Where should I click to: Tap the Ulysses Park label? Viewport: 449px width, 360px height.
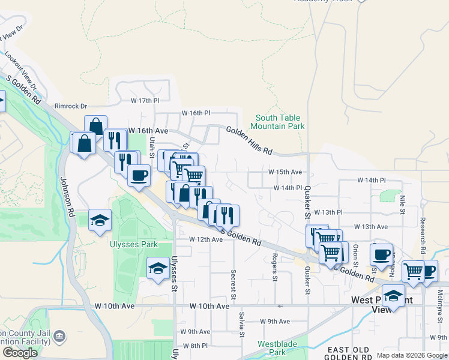(133, 244)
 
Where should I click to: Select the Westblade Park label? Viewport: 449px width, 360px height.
(274, 348)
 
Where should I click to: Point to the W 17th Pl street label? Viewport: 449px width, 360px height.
(145, 100)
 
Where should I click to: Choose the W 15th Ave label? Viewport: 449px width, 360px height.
(285, 172)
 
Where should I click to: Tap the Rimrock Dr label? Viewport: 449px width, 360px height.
(71, 106)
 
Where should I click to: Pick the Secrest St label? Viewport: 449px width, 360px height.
(233, 281)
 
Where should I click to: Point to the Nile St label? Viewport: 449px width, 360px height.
(403, 204)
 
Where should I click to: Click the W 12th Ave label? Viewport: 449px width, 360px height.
(206, 239)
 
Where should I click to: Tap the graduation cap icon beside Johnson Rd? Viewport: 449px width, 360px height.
(100, 220)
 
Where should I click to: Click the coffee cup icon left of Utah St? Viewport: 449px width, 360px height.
(139, 175)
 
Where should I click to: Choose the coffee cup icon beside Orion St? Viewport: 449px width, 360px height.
(381, 254)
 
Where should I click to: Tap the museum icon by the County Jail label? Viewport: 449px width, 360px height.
(59, 336)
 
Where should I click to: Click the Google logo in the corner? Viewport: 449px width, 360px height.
(20, 353)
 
